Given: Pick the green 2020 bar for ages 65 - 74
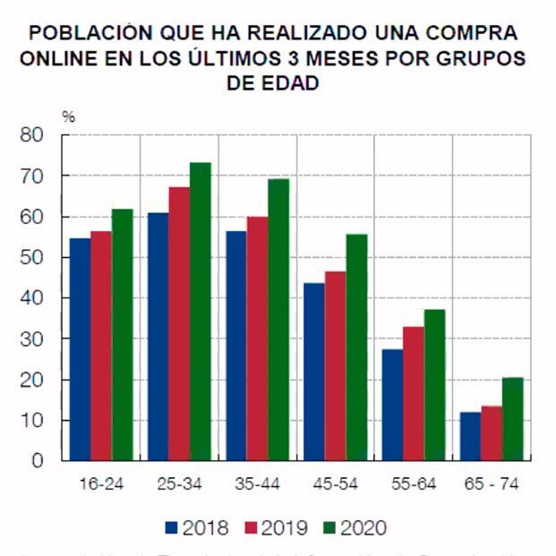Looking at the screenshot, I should coord(513,419).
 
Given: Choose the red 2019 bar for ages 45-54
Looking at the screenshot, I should coord(335,366).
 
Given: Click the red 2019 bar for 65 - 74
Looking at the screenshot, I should coord(492,433).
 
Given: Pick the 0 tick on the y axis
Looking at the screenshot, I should coord(38,461).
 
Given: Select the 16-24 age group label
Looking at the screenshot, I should coord(99,484).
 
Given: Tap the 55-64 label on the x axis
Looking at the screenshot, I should coord(414,484).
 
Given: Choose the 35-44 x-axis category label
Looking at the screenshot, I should coord(257,484).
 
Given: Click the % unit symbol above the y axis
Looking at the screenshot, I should coord(67,116).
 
